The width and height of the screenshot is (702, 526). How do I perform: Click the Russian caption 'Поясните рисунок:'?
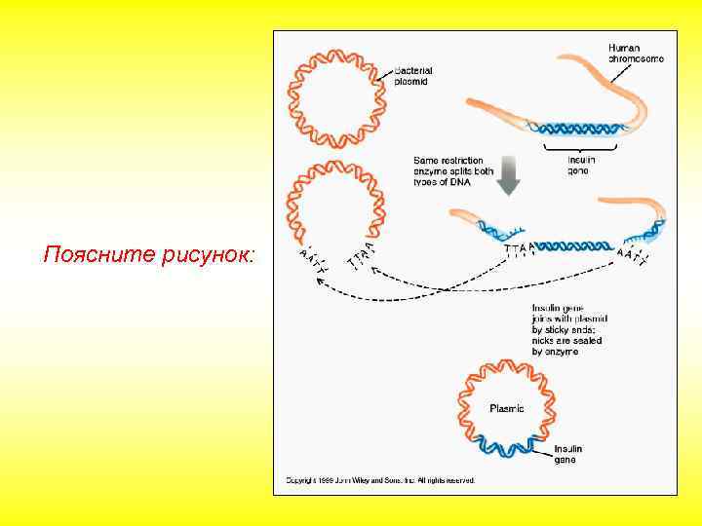[150, 255]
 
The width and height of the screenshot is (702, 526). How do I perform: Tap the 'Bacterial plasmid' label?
[413, 76]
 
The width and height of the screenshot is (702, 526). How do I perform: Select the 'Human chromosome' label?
[636, 53]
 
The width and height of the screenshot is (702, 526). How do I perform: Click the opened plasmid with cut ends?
[333, 200]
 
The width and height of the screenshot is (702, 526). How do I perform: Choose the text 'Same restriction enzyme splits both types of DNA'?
[453, 172]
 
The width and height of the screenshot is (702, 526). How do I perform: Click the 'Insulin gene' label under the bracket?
[581, 165]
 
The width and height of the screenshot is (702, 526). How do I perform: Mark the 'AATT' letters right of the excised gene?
[633, 256]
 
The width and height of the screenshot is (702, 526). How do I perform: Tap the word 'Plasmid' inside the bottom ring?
[506, 408]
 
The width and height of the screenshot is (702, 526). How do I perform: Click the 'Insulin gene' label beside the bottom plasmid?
[568, 454]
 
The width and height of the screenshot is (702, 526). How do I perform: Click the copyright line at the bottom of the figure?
[380, 480]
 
